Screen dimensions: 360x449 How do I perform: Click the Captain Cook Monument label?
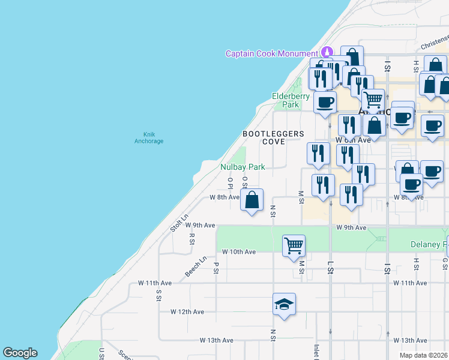[x=271, y=53]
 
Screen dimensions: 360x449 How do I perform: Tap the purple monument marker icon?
[x=327, y=53]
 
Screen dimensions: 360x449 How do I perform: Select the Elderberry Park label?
[x=291, y=100]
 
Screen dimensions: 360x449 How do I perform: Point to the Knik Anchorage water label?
[x=149, y=137]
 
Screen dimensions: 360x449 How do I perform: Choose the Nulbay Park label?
[x=243, y=167]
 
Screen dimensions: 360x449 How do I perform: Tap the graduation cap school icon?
[x=284, y=304]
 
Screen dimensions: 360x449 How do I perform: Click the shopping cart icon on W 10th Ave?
[x=294, y=245]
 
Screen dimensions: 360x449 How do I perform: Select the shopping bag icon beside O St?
[x=252, y=200]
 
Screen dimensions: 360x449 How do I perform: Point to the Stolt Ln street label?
[x=179, y=223]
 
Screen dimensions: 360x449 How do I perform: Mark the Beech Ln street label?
[x=196, y=266]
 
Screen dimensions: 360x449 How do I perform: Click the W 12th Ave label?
[x=187, y=312]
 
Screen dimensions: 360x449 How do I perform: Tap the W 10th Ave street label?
[x=239, y=252]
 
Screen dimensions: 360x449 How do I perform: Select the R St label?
[x=192, y=239]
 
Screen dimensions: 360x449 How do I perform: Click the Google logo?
[x=20, y=353]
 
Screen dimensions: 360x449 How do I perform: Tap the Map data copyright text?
[x=424, y=355]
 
